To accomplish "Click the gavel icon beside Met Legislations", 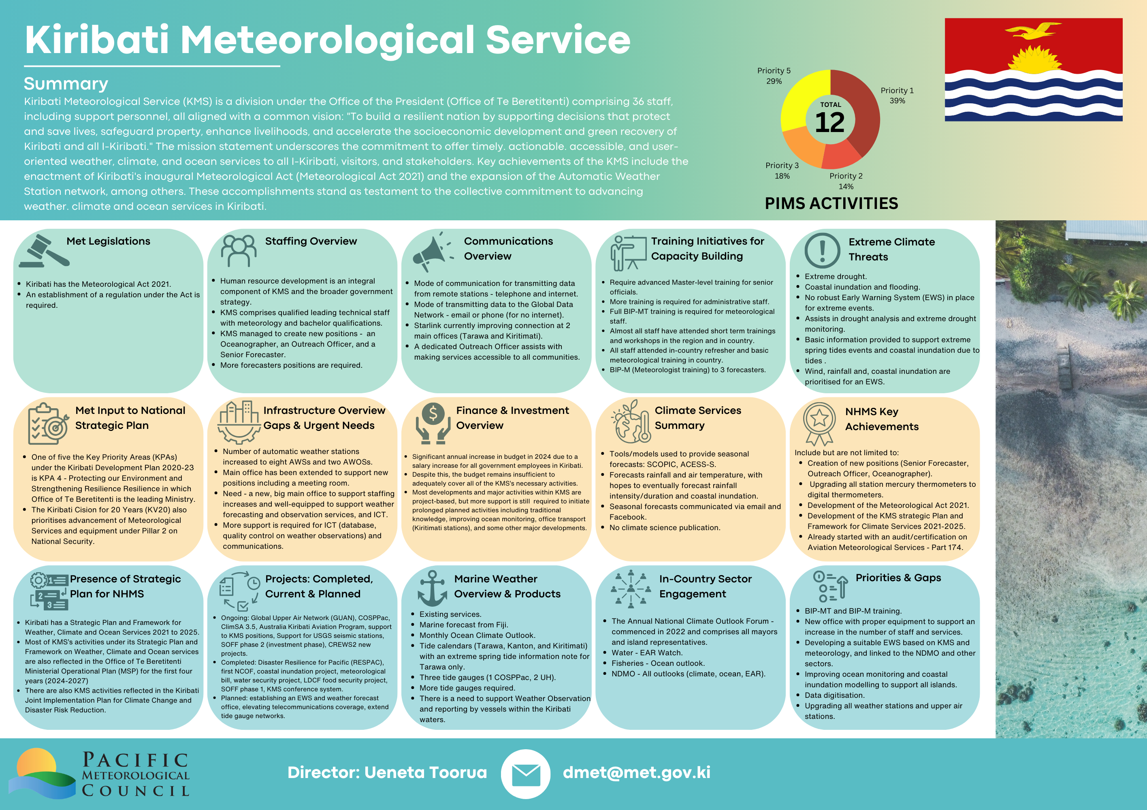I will point(45,251).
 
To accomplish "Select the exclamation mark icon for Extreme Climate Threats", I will point(822,250).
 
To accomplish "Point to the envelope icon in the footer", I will point(526,774).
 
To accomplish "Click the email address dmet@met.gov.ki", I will point(636,772).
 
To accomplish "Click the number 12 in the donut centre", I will point(830,122).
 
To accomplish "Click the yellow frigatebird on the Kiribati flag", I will point(1032,30).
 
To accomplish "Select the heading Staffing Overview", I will point(311,241).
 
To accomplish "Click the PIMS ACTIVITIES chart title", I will point(831,203).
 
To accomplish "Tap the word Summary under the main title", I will point(66,83).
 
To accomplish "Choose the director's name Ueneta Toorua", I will point(425,772).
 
